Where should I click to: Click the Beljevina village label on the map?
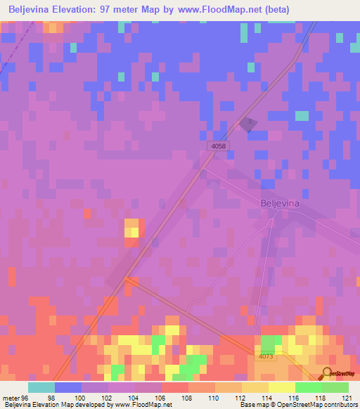click(281, 203)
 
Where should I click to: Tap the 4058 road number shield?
click(219, 145)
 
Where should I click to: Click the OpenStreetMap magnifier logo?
click(328, 375)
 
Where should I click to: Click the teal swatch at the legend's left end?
click(41, 387)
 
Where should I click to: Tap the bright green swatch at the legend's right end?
click(335, 387)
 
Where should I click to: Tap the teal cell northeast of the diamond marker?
click(302, 115)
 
